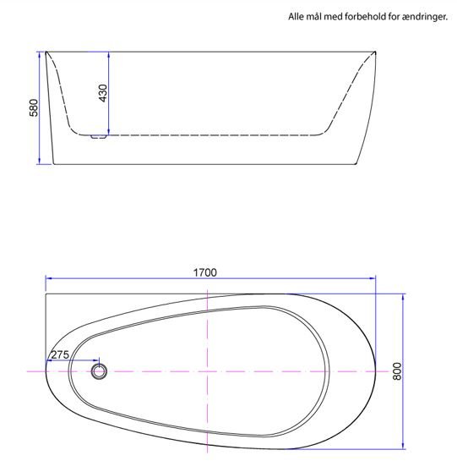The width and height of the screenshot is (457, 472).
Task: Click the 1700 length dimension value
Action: [205, 272]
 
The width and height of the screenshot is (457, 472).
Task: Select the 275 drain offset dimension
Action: [59, 354]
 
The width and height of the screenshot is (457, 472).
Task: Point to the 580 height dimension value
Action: [33, 108]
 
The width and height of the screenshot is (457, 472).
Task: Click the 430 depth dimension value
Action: [103, 93]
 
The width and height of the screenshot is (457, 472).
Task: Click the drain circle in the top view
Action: [101, 370]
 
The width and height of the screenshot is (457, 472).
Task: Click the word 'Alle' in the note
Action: [297, 17]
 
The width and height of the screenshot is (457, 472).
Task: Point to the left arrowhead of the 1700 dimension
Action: [48, 277]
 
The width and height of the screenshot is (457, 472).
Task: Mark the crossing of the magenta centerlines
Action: [208, 370]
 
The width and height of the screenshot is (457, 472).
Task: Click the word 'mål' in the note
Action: [318, 17]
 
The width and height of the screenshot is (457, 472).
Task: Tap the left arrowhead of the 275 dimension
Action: [47, 362]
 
